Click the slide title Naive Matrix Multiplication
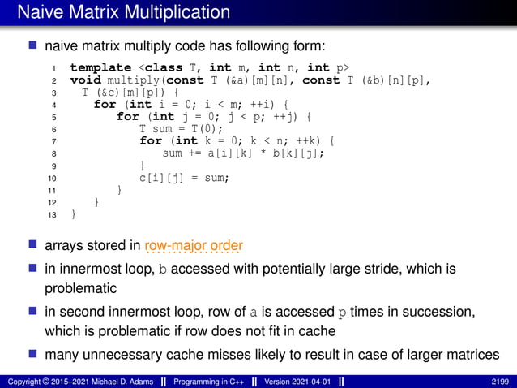point(123,12)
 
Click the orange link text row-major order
point(194,245)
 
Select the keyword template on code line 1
point(100,67)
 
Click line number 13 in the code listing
point(52,214)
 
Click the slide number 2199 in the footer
point(501,380)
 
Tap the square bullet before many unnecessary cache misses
point(33,354)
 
